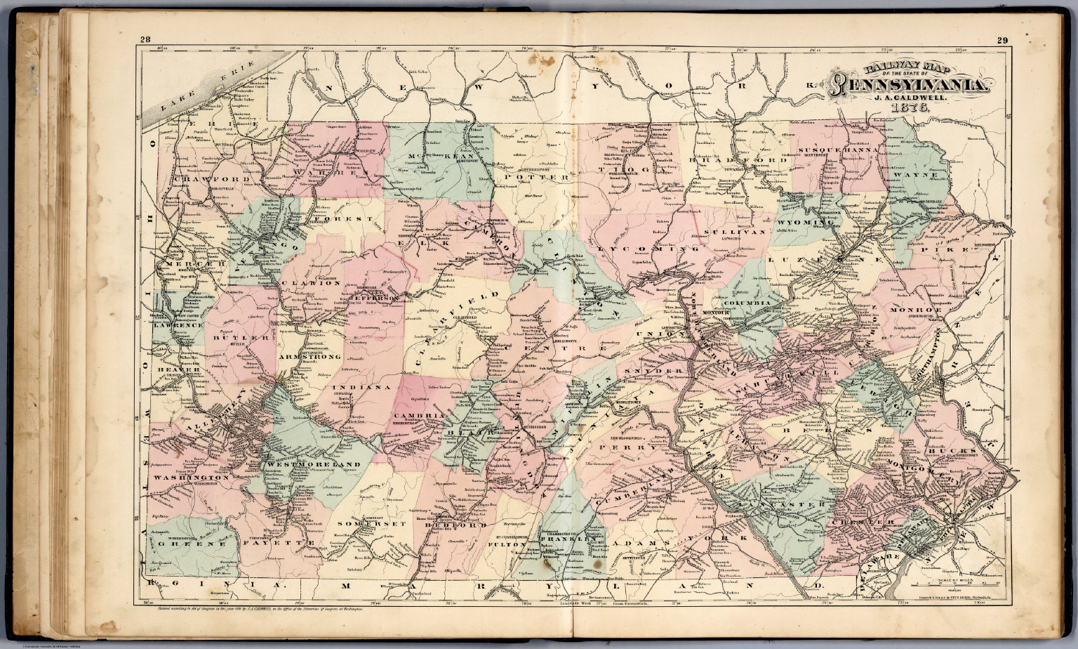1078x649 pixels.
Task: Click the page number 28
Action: tap(145, 39)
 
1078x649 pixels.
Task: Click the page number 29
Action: tap(1002, 40)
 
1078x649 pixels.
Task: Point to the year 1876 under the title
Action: tap(911, 110)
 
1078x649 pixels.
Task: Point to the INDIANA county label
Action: tap(361, 387)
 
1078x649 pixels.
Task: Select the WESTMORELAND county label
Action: tap(314, 464)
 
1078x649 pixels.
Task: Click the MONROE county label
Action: tap(916, 310)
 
